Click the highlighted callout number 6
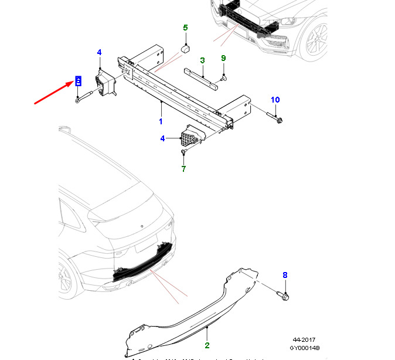77,81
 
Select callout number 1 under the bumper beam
161,121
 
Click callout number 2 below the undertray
207,347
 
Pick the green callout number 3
202,60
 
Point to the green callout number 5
185,28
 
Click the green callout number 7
183,169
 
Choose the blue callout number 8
285,275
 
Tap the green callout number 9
223,57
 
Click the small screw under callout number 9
224,77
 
